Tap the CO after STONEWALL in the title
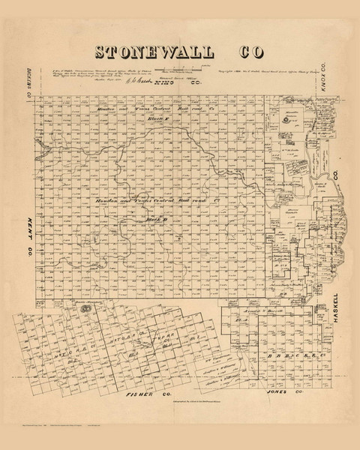click(235, 52)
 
